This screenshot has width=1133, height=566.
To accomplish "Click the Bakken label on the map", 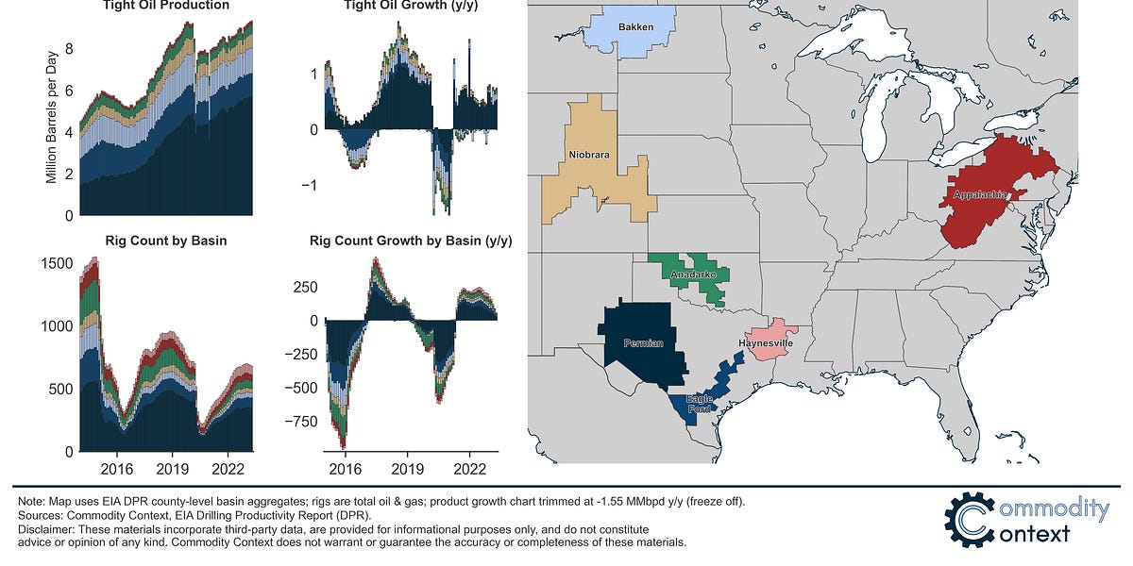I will (x=630, y=27).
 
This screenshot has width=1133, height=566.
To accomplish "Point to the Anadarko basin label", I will (x=693, y=275).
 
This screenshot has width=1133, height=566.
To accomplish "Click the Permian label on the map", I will (x=642, y=343).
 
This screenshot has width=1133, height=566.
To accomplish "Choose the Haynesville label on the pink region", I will (x=768, y=343).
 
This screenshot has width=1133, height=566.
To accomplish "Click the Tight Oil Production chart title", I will (x=166, y=6).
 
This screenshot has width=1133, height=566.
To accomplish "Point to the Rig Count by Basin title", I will (x=166, y=241).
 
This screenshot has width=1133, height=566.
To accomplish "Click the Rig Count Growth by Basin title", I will (x=411, y=241).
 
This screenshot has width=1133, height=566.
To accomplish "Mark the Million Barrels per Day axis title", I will (x=52, y=126).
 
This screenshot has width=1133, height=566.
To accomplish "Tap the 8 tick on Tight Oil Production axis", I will (x=68, y=48).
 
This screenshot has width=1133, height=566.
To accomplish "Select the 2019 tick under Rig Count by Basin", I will (x=172, y=467).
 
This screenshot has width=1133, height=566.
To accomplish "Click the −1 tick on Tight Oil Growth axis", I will (x=306, y=185).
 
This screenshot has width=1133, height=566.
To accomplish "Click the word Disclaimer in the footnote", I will (x=43, y=530).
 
